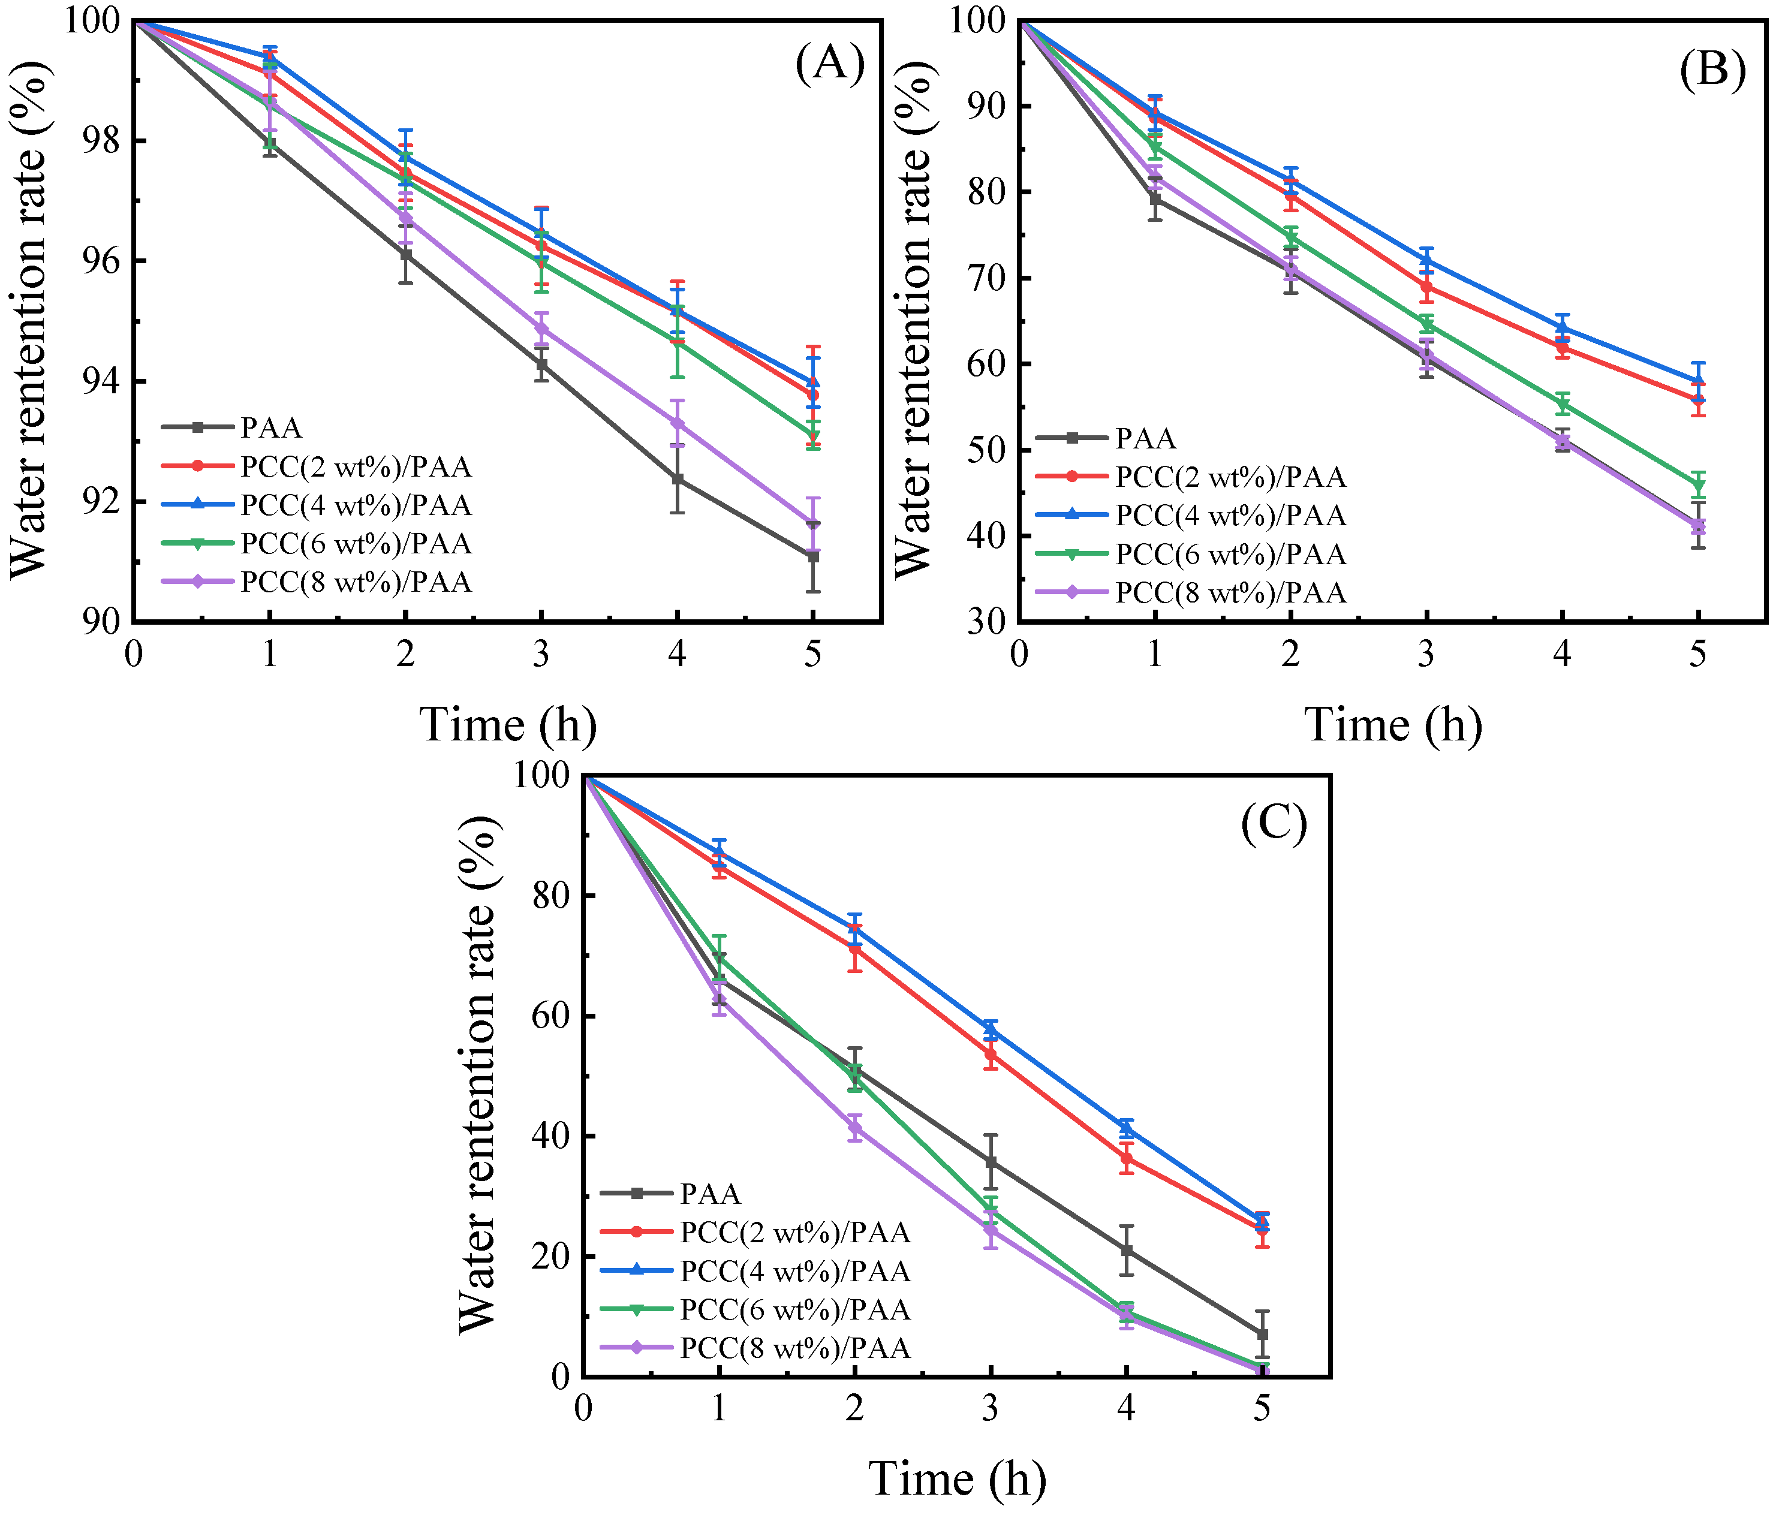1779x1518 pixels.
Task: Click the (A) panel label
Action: [829, 64]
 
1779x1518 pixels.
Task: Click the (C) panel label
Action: [1274, 823]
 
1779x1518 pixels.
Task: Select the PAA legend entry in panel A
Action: [271, 427]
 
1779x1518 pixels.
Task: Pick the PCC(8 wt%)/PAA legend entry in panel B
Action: [1230, 592]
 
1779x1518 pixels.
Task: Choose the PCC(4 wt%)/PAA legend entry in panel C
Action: [794, 1271]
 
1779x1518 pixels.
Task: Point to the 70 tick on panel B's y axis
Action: [988, 278]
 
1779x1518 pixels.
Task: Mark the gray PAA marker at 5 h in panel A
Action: [812, 556]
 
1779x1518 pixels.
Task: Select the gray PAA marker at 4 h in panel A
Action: [678, 479]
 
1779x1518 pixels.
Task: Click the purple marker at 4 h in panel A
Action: [678, 423]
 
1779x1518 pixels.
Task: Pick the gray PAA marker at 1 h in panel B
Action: [1155, 199]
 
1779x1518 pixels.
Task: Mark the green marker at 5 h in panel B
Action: [1697, 485]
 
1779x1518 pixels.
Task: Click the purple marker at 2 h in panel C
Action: [855, 1127]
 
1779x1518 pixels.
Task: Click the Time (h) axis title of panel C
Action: [958, 1478]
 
